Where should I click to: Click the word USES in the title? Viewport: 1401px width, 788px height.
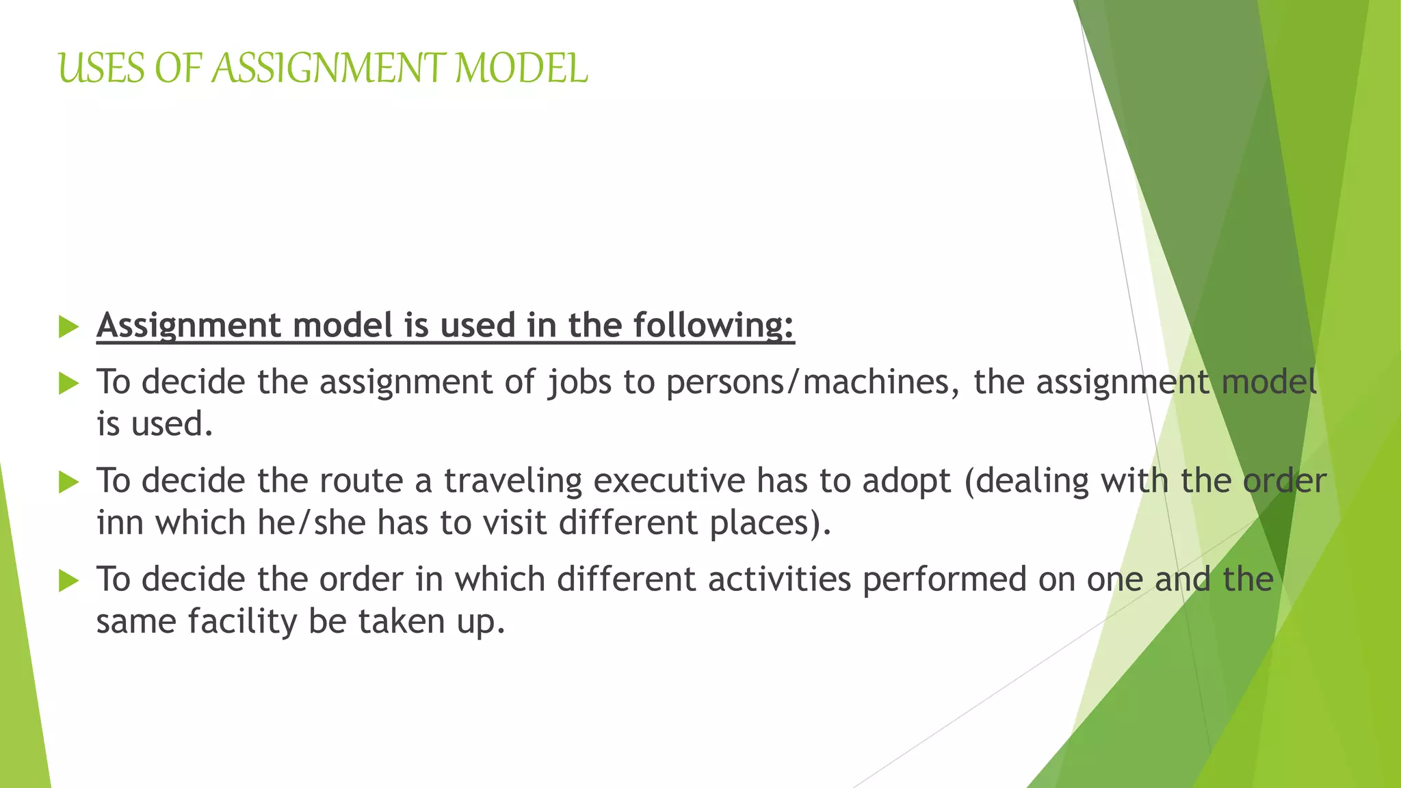[102, 68]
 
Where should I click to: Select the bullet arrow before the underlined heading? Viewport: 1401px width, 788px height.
[68, 326]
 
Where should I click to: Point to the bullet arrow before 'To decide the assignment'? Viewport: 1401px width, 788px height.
[68, 383]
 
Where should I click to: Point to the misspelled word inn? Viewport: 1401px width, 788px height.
[119, 523]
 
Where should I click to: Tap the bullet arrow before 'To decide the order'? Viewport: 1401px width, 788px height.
[68, 581]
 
